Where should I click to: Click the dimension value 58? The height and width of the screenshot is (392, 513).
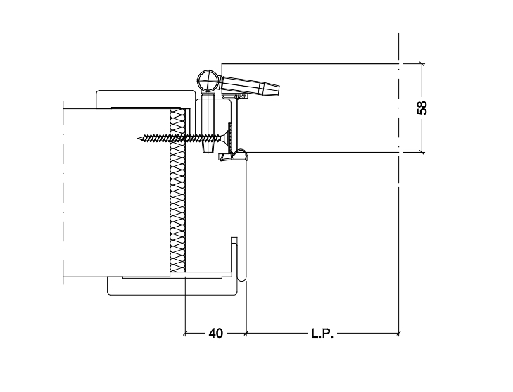pyautogui.click(x=422, y=108)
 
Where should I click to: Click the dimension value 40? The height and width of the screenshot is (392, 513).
pyautogui.click(x=215, y=334)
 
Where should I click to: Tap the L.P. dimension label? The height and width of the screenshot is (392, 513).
pyautogui.click(x=322, y=334)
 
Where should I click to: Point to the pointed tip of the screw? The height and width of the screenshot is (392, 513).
pyautogui.click(x=139, y=139)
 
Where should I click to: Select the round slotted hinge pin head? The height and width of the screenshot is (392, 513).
pyautogui.click(x=208, y=80)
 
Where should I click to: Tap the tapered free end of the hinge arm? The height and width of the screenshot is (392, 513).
pyautogui.click(x=272, y=89)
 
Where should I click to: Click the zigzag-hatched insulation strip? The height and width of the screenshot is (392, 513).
pyautogui.click(x=177, y=190)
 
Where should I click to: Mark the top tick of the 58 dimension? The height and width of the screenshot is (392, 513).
pyautogui.click(x=422, y=64)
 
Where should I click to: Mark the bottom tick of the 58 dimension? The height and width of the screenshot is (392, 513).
pyautogui.click(x=422, y=152)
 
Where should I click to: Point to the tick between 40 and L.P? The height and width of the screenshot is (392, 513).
pyautogui.click(x=246, y=334)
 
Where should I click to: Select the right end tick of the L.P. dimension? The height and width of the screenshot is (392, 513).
pyautogui.click(x=398, y=334)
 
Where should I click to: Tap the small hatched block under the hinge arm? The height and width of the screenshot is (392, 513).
pyautogui.click(x=243, y=96)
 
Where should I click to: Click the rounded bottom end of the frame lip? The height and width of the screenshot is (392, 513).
pyautogui.click(x=241, y=278)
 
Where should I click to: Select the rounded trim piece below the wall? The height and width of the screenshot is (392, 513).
pyautogui.click(x=172, y=287)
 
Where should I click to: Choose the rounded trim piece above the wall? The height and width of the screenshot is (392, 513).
pyautogui.click(x=144, y=98)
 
